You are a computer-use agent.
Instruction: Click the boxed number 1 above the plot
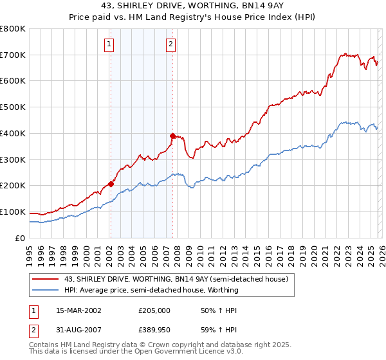tap(109, 44)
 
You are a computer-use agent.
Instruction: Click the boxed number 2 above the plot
tap(171, 44)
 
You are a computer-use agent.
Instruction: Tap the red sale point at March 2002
tap(111, 184)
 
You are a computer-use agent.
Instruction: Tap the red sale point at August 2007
tap(172, 136)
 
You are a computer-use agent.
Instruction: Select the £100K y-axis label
tap(13, 212)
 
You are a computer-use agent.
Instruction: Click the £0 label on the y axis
tap(19, 238)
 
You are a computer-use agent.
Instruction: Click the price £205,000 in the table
tap(154, 310)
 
